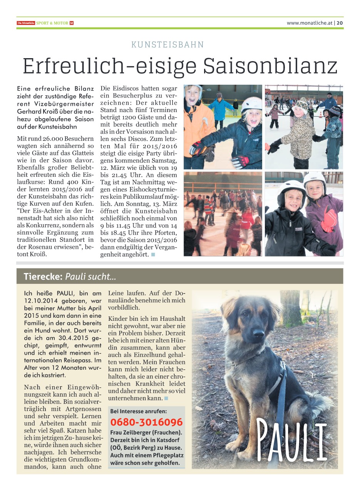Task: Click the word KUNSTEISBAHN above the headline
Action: click(x=167, y=45)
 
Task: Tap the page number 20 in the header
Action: click(x=340, y=23)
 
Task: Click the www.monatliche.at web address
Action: click(x=309, y=23)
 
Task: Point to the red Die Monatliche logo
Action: click(x=26, y=23)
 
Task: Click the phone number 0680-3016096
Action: click(x=146, y=422)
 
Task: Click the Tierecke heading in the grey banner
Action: click(x=43, y=277)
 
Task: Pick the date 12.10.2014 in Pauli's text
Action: click(x=43, y=301)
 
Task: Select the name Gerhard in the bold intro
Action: click(x=30, y=111)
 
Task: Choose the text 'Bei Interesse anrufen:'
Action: click(x=139, y=411)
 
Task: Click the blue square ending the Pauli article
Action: click(x=166, y=398)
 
